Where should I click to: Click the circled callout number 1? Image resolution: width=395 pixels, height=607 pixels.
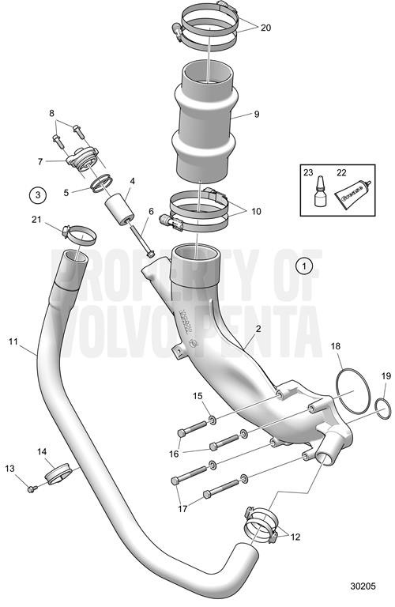click(306, 266)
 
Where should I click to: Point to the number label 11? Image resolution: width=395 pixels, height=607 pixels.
click(13, 341)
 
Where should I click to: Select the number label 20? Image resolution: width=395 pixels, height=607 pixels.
click(265, 27)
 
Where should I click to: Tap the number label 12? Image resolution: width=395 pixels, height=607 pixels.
click(296, 537)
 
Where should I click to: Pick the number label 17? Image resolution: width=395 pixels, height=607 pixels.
click(182, 509)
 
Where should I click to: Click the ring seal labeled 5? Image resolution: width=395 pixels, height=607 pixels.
click(100, 186)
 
